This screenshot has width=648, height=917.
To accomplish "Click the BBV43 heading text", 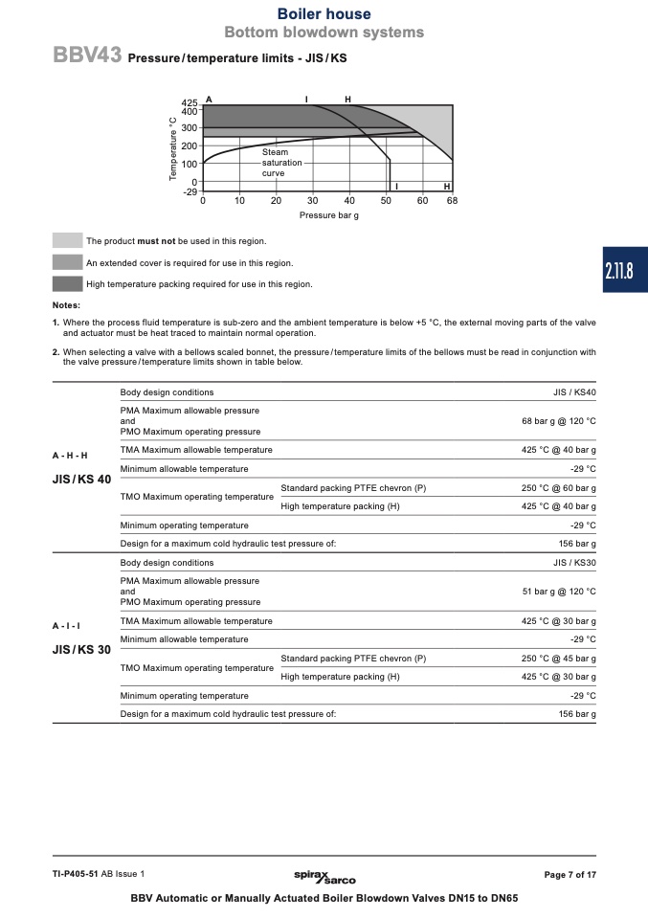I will (x=87, y=56).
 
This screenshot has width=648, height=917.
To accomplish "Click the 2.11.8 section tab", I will (x=619, y=271).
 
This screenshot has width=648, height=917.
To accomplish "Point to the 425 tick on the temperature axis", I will (x=189, y=101).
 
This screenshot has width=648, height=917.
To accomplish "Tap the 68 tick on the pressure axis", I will (x=452, y=200).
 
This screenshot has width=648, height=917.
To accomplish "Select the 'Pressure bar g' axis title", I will (x=328, y=215).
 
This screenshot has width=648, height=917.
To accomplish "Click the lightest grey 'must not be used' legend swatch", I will (x=67, y=241).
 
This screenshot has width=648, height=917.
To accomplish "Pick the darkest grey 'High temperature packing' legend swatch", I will (x=67, y=283).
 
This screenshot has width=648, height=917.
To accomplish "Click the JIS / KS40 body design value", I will (x=574, y=392).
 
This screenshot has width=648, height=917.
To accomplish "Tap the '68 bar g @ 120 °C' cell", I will (x=559, y=421).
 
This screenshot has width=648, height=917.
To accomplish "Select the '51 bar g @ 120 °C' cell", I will (x=559, y=592).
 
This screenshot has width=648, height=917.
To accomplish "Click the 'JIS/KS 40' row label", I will (x=81, y=479).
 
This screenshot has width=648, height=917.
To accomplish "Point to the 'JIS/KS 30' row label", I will (x=81, y=649).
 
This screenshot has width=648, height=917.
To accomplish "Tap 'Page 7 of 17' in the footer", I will (x=570, y=875).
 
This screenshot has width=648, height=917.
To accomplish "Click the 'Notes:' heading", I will (x=66, y=305).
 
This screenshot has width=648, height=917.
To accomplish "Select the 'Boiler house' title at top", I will (x=324, y=14).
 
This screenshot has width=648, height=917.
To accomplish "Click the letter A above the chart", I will (x=208, y=100).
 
